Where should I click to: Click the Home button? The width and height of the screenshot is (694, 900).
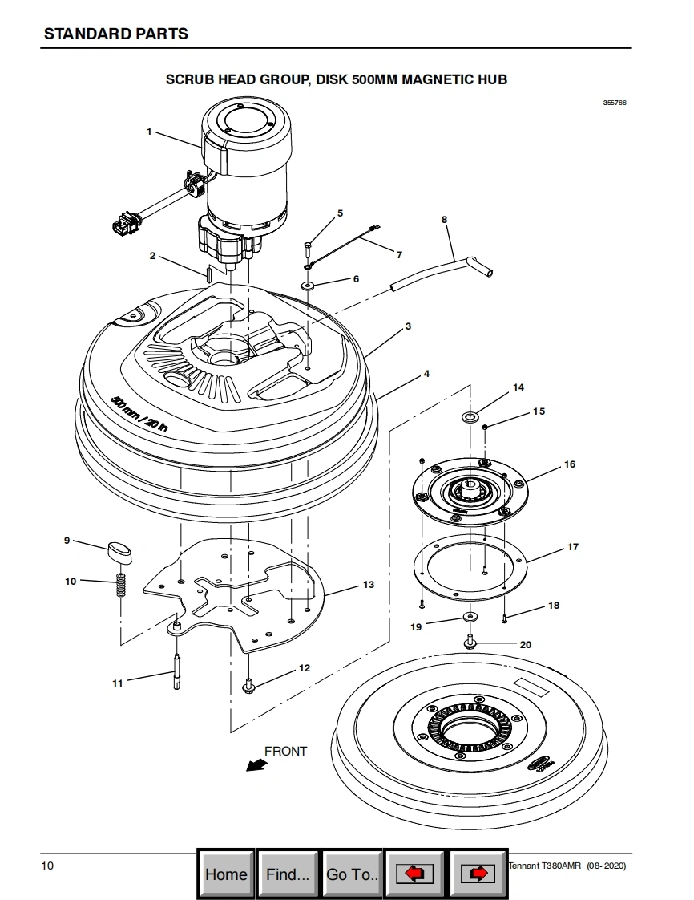(226, 874)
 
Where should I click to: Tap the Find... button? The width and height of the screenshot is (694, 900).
(288, 874)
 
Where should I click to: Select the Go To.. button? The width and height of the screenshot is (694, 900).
(352, 874)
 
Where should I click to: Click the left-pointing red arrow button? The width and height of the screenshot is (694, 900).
(414, 874)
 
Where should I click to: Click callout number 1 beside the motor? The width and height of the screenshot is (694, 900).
(149, 132)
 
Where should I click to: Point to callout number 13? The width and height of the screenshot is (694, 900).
(368, 584)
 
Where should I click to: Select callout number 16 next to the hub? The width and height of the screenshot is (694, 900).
(570, 464)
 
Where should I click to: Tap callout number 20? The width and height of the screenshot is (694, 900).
(526, 645)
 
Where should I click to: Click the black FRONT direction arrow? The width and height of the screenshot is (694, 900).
(256, 764)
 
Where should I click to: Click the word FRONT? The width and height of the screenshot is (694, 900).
(285, 751)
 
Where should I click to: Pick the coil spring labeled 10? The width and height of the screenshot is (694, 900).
(121, 585)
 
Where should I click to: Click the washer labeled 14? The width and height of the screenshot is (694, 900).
(471, 416)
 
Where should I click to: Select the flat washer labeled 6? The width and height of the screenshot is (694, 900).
(308, 286)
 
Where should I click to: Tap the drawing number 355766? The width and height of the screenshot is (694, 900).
(615, 103)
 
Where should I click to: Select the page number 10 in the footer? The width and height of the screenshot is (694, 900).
(47, 866)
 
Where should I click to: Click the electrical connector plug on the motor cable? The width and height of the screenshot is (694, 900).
(125, 223)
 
